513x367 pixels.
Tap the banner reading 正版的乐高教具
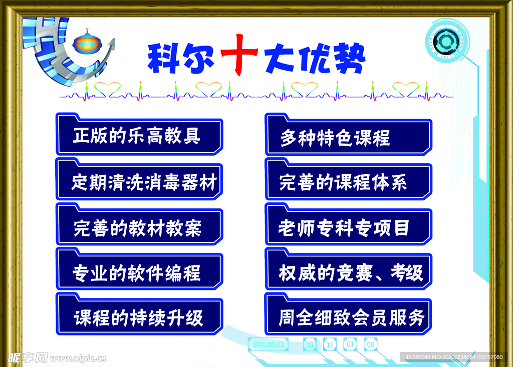point(139,134)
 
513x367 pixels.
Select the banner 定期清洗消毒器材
point(139,179)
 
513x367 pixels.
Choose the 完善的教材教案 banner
point(139,224)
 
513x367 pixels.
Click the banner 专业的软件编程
point(139,269)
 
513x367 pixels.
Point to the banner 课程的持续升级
point(139,314)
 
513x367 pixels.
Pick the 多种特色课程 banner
point(349,134)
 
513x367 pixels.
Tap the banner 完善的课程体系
point(349,179)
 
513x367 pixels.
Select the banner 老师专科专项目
point(349,224)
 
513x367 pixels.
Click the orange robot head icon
point(87,42)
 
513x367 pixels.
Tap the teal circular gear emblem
point(446,41)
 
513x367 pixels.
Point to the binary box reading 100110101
point(269,344)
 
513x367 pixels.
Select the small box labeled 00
point(371,344)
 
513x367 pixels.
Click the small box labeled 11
point(330,344)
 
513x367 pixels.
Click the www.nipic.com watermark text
point(78,358)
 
